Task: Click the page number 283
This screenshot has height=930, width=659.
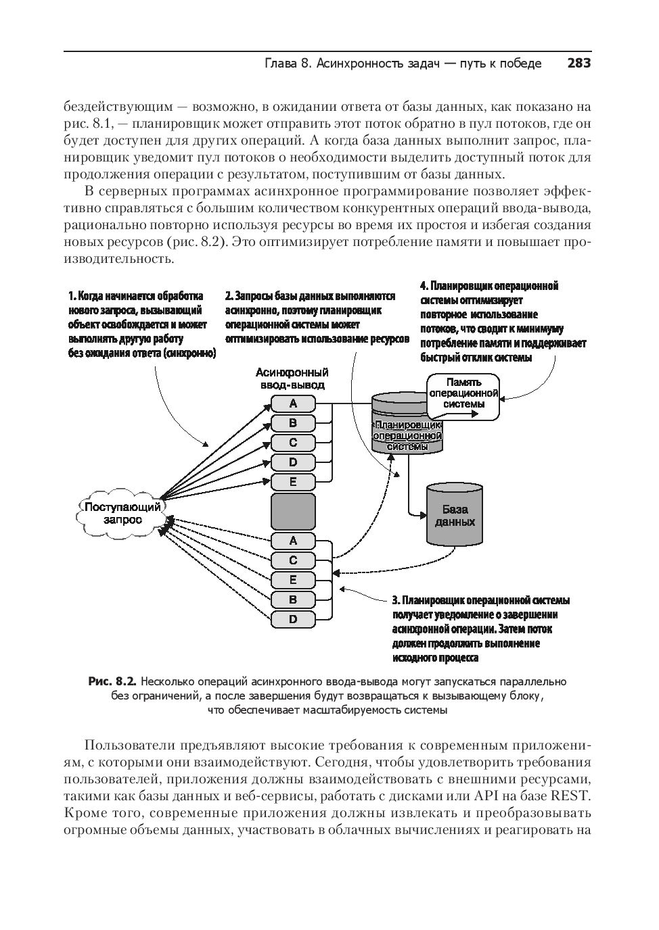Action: [x=578, y=64]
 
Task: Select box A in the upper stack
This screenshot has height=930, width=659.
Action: [x=293, y=403]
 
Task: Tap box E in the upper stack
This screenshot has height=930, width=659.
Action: [x=293, y=482]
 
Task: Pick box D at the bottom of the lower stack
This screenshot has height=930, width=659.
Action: [x=293, y=618]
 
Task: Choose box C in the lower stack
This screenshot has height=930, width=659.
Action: [x=293, y=560]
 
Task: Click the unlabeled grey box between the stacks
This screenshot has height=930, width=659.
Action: [x=293, y=511]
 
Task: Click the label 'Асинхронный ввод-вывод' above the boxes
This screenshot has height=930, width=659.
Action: [x=292, y=378]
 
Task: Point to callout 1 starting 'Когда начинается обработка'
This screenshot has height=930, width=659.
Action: [x=141, y=324]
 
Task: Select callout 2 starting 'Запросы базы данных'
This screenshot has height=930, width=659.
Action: [x=317, y=317]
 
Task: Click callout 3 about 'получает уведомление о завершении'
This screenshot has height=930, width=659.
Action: [x=480, y=629]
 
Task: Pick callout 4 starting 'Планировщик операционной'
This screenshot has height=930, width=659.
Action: [x=502, y=322]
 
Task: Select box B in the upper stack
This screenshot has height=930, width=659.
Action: [x=293, y=423]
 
